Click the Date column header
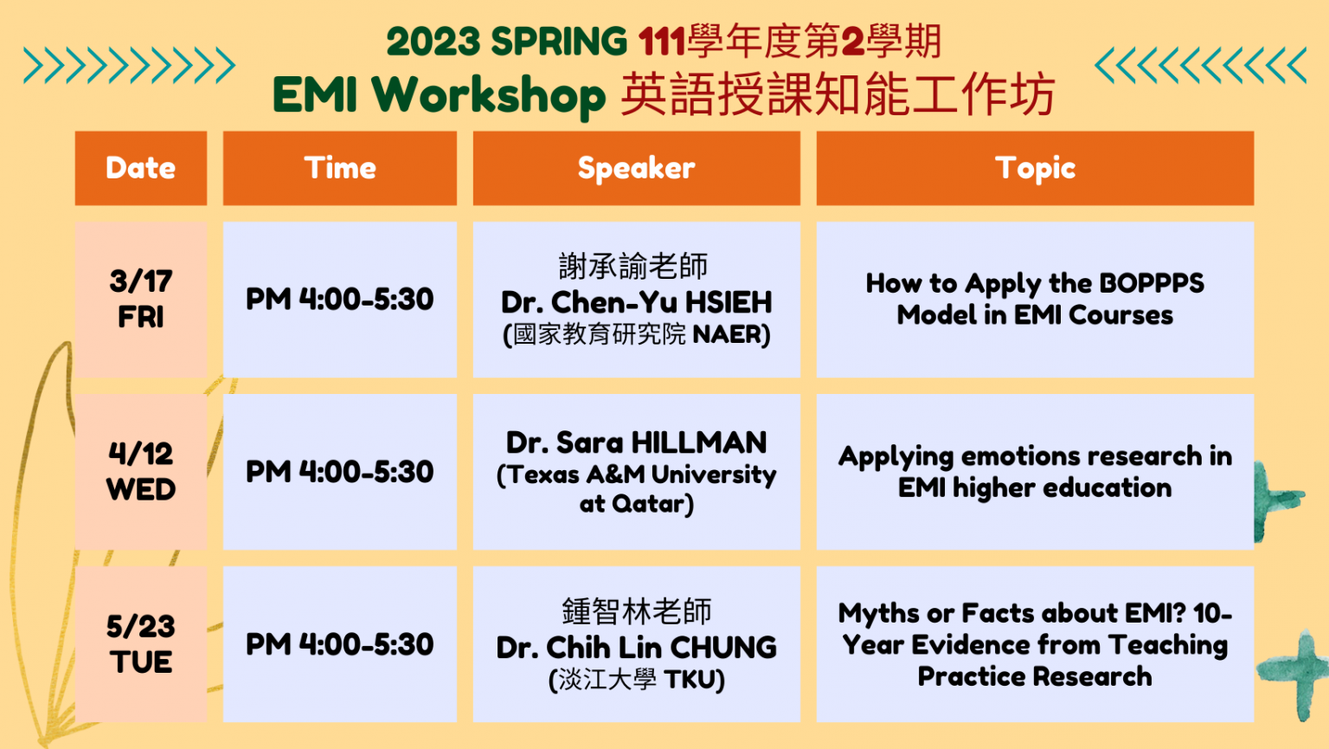[x=141, y=168]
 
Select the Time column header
[x=340, y=168]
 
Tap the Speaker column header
[x=637, y=168]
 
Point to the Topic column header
[x=1036, y=168]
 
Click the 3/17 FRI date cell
[x=141, y=300]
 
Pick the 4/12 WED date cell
[x=141, y=472]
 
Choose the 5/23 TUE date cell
[x=141, y=644]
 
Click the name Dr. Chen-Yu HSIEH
[x=637, y=302]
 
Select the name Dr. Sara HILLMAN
[x=637, y=443]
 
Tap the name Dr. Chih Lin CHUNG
[x=637, y=648]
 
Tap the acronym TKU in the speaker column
[x=690, y=680]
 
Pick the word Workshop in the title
[x=488, y=95]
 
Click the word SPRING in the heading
[x=559, y=42]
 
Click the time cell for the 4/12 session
[x=340, y=472]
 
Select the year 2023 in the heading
[x=433, y=42]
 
